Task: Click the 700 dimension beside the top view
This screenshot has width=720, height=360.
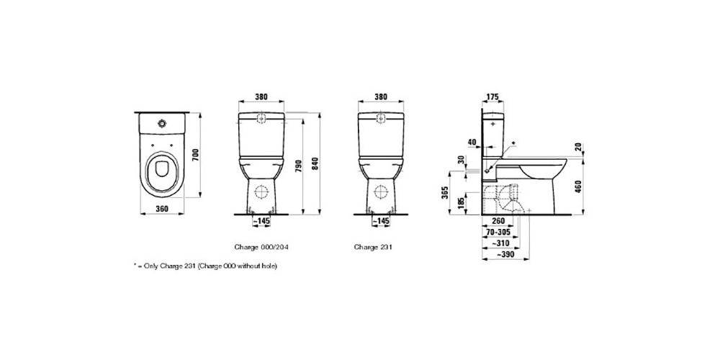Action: [x=194, y=156]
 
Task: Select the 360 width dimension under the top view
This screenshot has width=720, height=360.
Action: [x=161, y=209]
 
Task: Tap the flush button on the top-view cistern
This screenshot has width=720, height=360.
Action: [x=161, y=123]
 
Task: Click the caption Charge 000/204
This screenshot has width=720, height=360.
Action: [x=261, y=246]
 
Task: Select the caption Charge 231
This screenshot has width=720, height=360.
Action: [x=373, y=246]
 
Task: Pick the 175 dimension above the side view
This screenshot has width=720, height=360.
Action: [x=492, y=96]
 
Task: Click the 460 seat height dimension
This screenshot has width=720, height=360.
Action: [x=578, y=187]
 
